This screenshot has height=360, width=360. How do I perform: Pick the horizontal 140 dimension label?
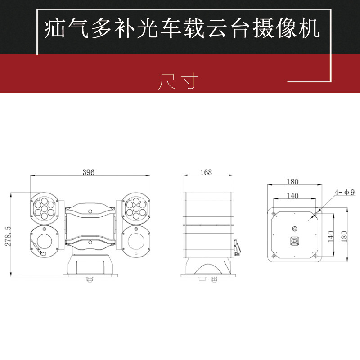pyautogui.click(x=292, y=196)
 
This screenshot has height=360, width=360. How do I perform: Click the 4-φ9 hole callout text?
pyautogui.click(x=344, y=192)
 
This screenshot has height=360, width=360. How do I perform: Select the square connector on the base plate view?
pyautogui.click(x=295, y=242)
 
